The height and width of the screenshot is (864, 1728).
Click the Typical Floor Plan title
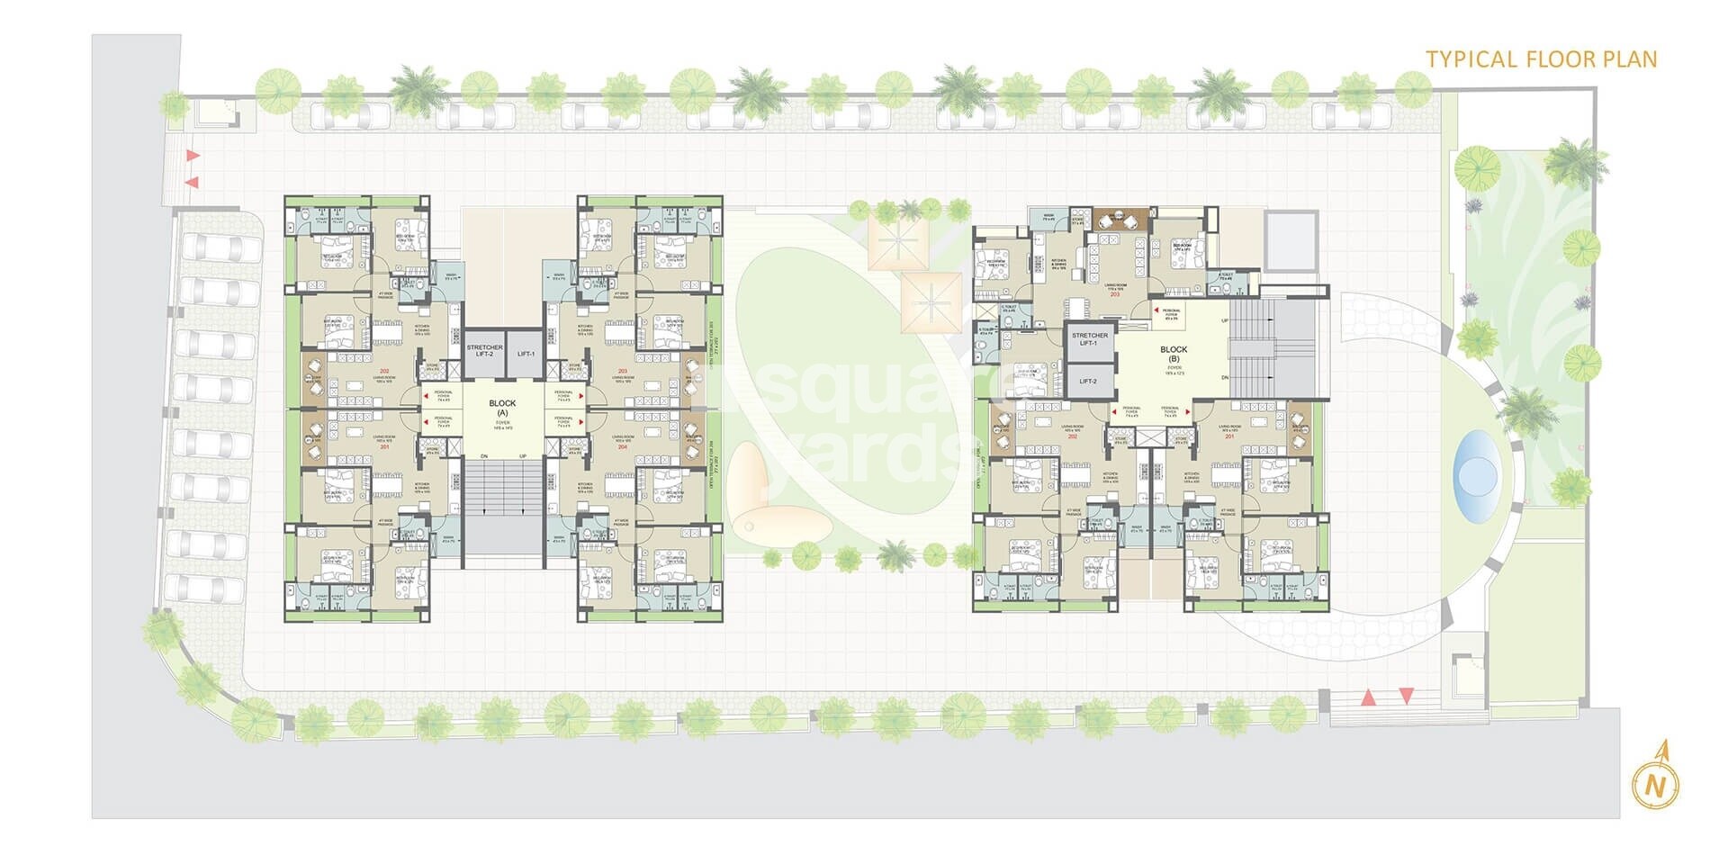[1541, 59]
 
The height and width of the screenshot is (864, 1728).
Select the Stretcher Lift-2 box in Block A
[484, 350]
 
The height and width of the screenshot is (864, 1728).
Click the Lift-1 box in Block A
[526, 354]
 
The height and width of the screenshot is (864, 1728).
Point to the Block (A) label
[502, 408]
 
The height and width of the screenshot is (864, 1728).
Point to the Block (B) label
[1174, 354]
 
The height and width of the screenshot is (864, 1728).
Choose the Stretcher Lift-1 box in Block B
[1089, 339]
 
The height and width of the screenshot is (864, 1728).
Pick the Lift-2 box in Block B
[1087, 382]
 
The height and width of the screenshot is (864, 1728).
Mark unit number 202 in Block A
[384, 372]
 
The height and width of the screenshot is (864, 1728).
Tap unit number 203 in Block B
[1114, 294]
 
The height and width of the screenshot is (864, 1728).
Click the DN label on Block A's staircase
[483, 457]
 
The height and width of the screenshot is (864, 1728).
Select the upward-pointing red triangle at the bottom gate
[1368, 697]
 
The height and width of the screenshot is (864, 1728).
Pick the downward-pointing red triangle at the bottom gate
[1406, 695]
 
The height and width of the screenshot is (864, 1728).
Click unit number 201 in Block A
[384, 446]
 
